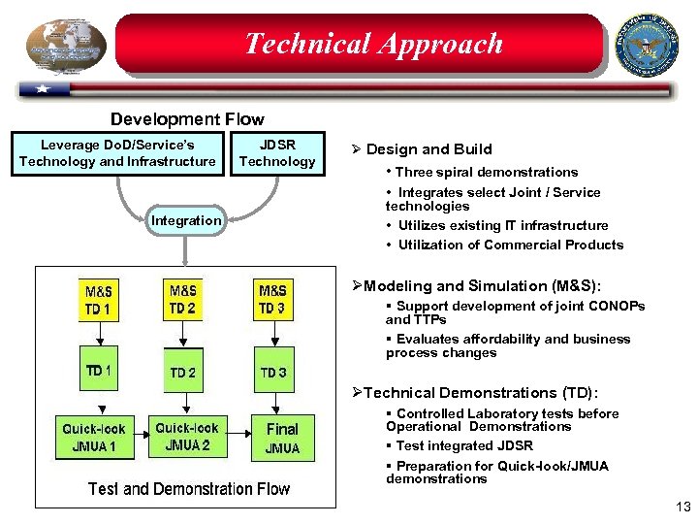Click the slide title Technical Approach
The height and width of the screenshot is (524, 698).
tap(373, 44)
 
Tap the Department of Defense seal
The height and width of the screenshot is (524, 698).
tap(648, 44)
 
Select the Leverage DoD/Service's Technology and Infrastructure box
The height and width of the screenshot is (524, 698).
tap(117, 154)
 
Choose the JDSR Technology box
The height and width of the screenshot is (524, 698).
tap(277, 154)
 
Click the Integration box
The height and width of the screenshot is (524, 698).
tap(186, 220)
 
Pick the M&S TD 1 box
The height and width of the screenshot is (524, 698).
tap(98, 301)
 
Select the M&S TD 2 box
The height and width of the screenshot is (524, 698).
tap(182, 300)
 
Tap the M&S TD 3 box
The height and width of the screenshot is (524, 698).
tap(272, 300)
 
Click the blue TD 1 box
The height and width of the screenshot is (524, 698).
tap(98, 370)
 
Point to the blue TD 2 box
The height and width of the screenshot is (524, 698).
tap(182, 372)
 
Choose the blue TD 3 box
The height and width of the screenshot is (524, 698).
tap(272, 372)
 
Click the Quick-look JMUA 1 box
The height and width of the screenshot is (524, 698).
tap(94, 438)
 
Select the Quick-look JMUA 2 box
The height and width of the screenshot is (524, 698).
tap(187, 437)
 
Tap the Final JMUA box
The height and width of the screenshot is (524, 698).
tap(282, 438)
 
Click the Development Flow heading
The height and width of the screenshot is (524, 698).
tap(187, 119)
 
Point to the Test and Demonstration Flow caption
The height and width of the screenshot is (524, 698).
tap(189, 489)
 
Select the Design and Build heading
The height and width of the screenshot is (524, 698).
tap(428, 149)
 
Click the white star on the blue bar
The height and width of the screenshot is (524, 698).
tap(43, 89)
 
